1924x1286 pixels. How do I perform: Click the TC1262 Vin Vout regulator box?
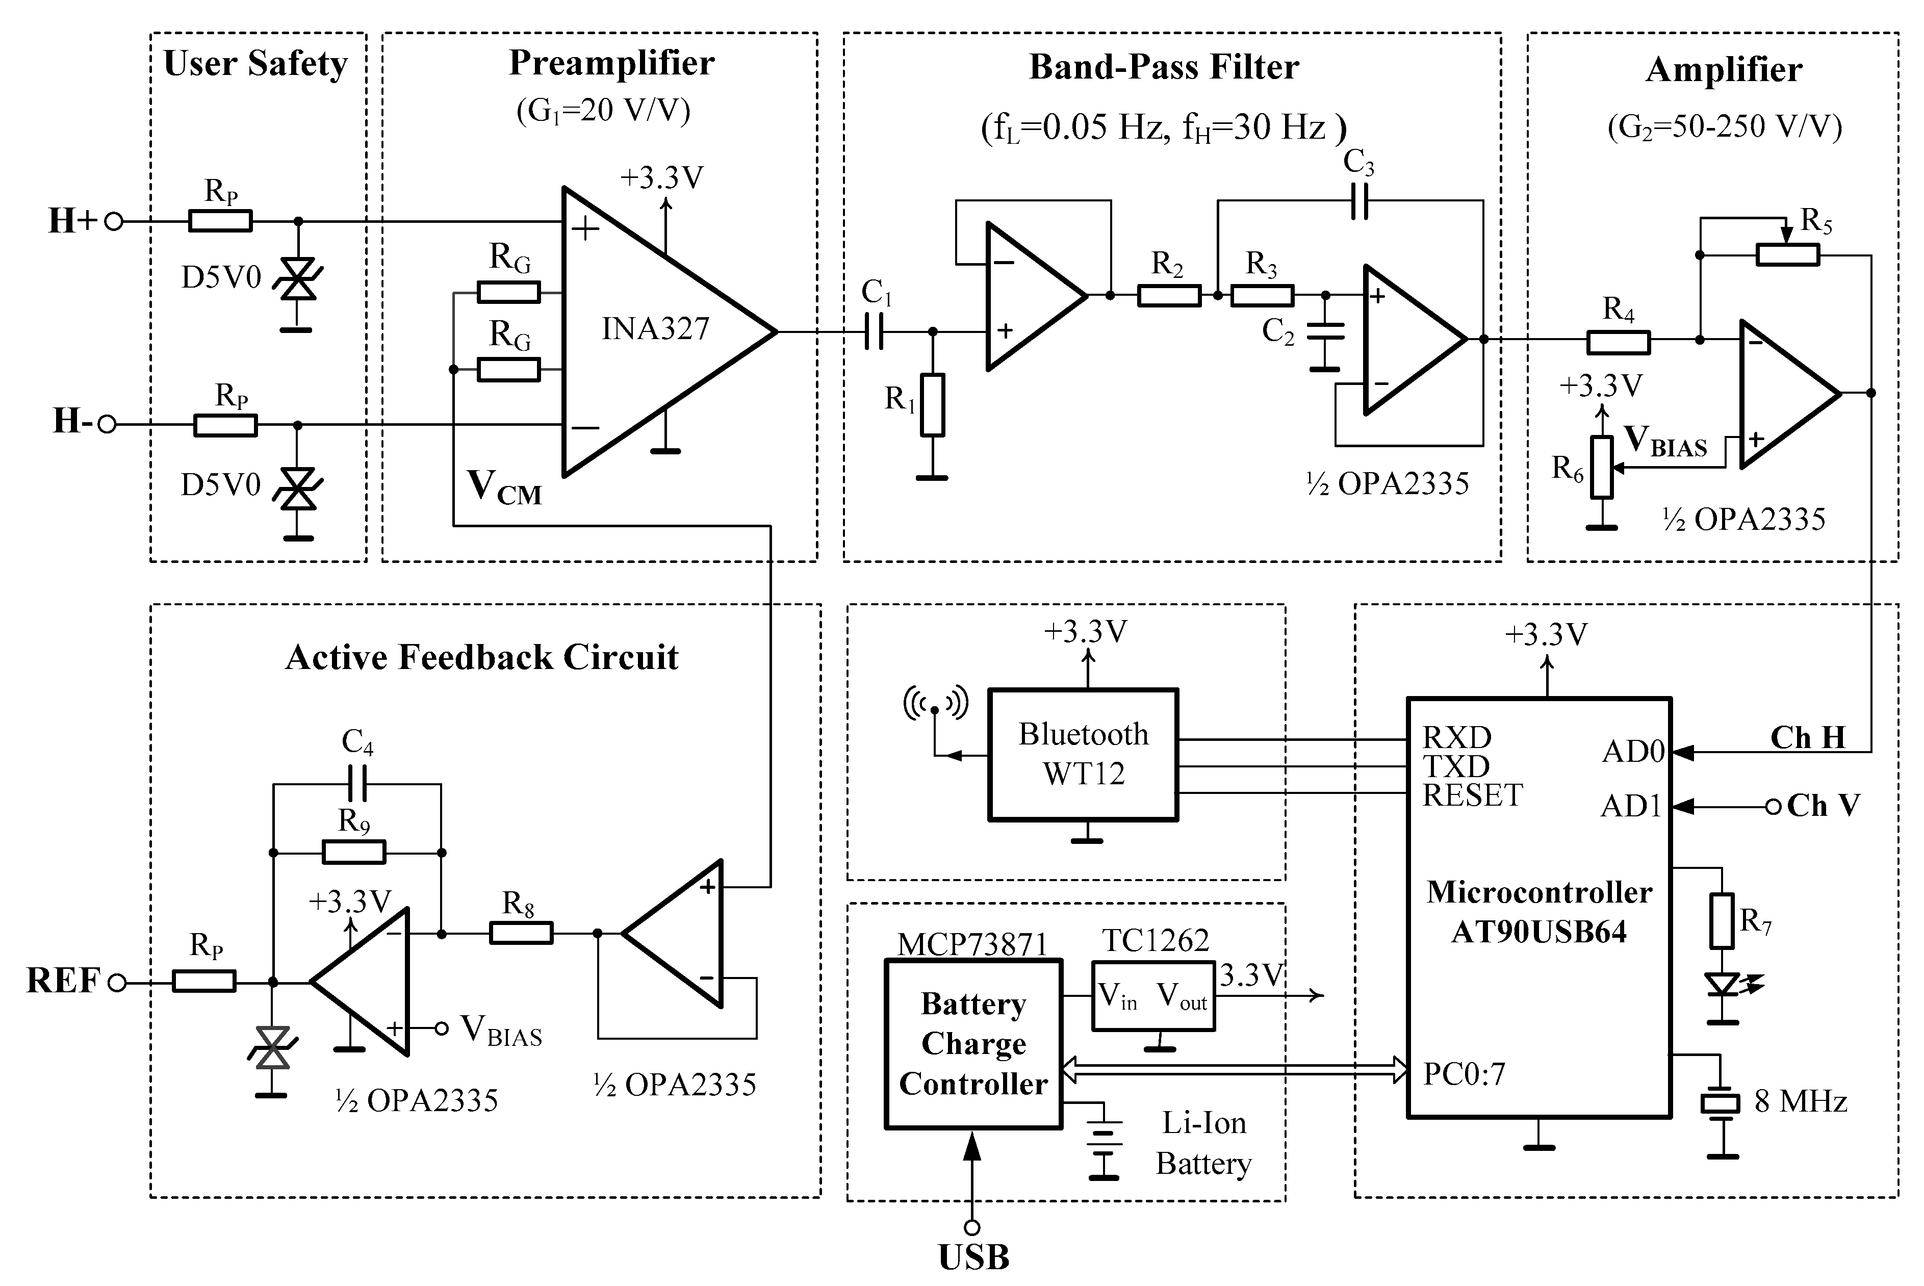[1152, 996]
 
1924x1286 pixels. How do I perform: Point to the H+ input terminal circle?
[114, 221]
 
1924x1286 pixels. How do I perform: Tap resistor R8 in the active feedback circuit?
[521, 933]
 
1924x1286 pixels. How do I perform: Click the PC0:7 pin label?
[1464, 1073]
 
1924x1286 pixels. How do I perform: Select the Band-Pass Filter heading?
[1163, 67]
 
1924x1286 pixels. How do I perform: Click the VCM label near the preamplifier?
[503, 487]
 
